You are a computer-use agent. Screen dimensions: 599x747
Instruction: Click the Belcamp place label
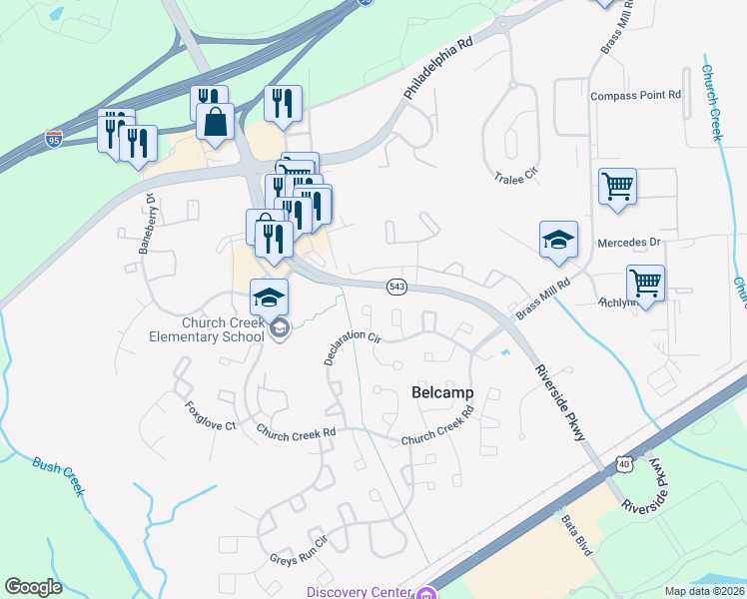[441, 393]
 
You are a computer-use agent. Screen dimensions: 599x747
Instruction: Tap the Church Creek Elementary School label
[224, 329]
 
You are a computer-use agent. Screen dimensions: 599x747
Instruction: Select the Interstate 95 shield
[53, 138]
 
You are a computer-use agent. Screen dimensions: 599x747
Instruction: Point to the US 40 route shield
[624, 464]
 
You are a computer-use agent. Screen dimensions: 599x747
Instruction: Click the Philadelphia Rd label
[437, 69]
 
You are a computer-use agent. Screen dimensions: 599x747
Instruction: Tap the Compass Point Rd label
[635, 96]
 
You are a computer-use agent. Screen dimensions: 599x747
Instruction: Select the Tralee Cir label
[516, 175]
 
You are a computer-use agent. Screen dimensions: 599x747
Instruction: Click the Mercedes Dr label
[629, 243]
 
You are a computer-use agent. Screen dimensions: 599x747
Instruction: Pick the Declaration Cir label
[353, 346]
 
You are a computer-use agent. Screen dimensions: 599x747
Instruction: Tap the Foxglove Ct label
[210, 415]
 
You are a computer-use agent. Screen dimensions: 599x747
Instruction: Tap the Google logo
[33, 587]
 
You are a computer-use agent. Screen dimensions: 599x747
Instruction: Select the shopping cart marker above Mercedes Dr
[618, 185]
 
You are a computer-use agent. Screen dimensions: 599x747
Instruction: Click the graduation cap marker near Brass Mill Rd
[559, 240]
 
